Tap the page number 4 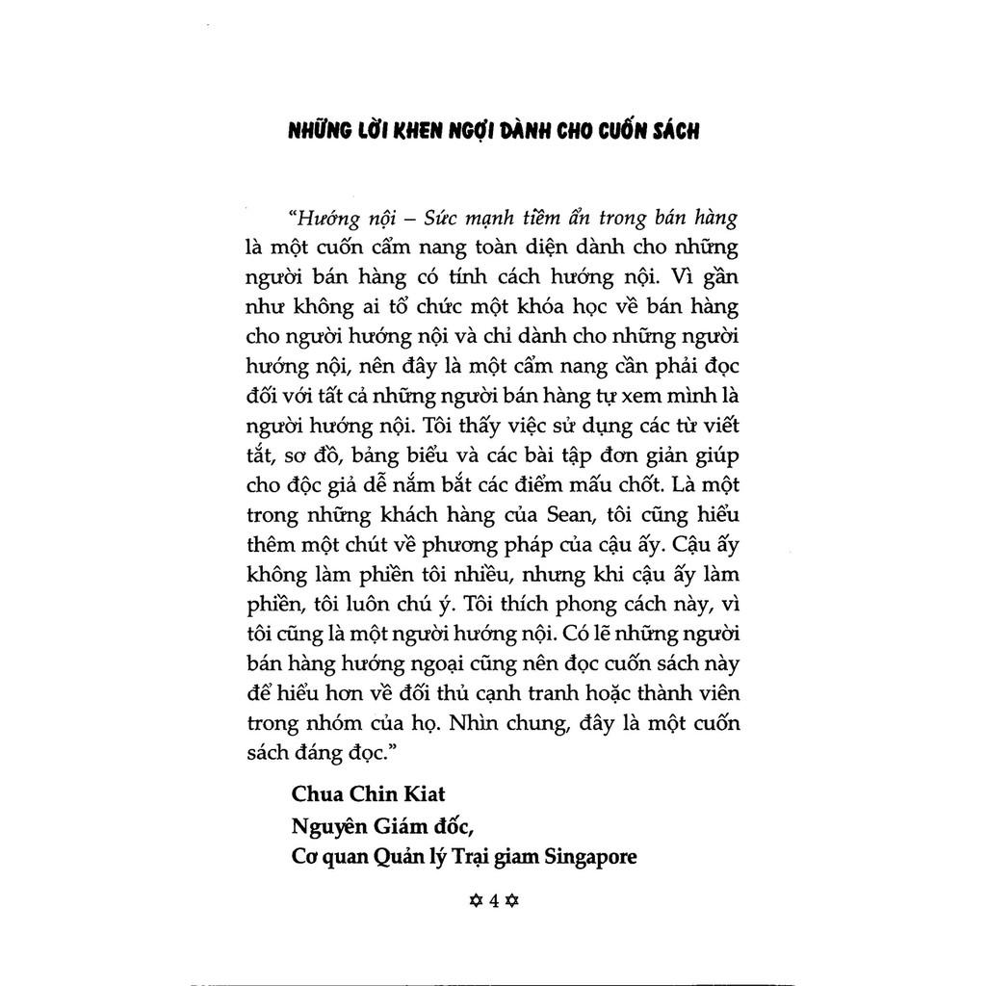coord(493,901)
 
